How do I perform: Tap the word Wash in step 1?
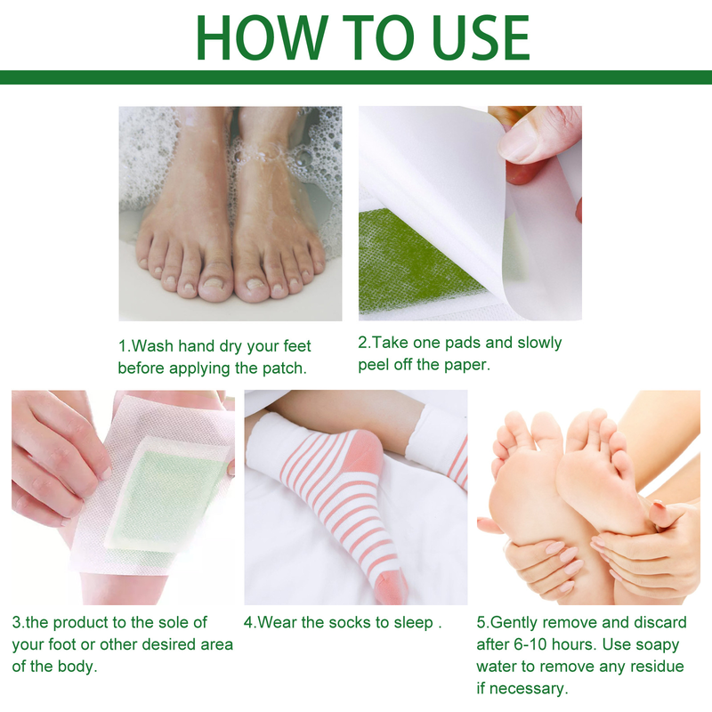pyautogui.click(x=156, y=345)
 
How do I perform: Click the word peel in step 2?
pyautogui.click(x=376, y=365)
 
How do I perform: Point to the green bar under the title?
pyautogui.click(x=356, y=77)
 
